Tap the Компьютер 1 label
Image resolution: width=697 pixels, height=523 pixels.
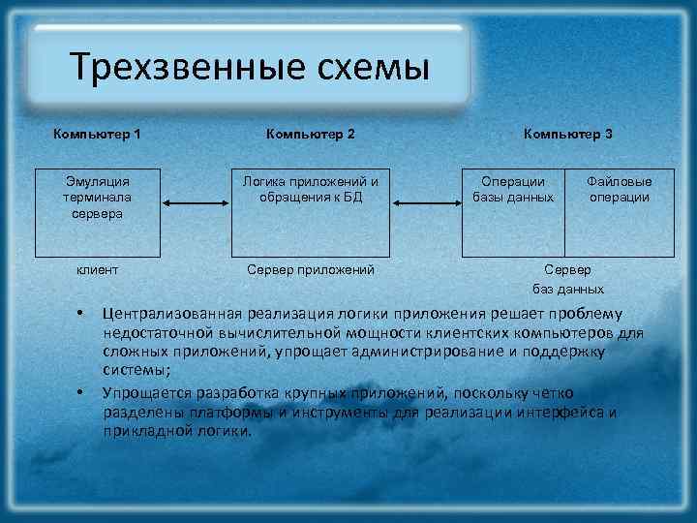97,133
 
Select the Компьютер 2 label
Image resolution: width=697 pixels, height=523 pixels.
310,133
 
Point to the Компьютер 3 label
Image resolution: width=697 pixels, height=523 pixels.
568,133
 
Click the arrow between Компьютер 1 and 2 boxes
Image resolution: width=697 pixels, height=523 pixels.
194,203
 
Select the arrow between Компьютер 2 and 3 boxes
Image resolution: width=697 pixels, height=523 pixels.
428,203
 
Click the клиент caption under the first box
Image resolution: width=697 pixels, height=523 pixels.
97,268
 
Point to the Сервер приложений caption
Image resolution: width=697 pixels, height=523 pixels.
311,268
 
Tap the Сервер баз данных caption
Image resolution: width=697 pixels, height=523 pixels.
568,278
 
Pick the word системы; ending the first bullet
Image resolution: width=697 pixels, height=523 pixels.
136,370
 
